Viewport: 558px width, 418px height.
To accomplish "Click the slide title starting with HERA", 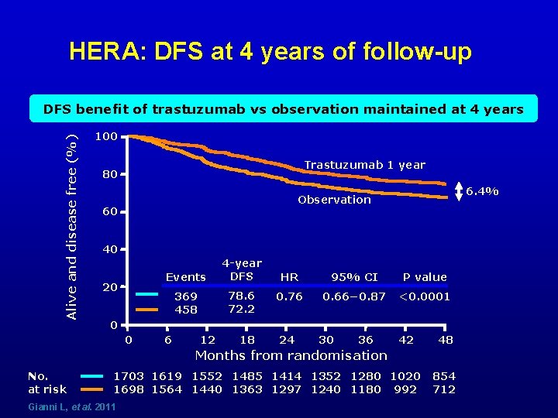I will click(270, 52).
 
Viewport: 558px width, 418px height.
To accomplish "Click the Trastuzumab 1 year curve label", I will click(364, 165).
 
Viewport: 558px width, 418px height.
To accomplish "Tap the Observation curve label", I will click(334, 200).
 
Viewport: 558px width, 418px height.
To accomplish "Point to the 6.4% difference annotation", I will click(481, 190).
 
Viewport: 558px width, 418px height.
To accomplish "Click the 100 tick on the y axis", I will click(105, 137).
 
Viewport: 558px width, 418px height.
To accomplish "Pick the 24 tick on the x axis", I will click(287, 340).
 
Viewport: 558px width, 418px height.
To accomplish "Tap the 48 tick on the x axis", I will click(445, 340).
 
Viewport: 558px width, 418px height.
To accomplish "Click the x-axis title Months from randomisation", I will click(291, 356).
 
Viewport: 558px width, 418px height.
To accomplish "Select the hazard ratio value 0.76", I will click(289, 296).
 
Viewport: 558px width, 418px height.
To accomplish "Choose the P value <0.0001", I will click(424, 296).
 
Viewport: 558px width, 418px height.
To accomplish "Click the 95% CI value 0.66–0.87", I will click(354, 296).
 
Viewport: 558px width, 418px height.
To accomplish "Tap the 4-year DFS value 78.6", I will click(242, 296).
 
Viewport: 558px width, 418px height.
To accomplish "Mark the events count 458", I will click(186, 310).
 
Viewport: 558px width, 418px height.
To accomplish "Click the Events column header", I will click(186, 277).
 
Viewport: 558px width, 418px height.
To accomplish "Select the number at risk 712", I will click(444, 389).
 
